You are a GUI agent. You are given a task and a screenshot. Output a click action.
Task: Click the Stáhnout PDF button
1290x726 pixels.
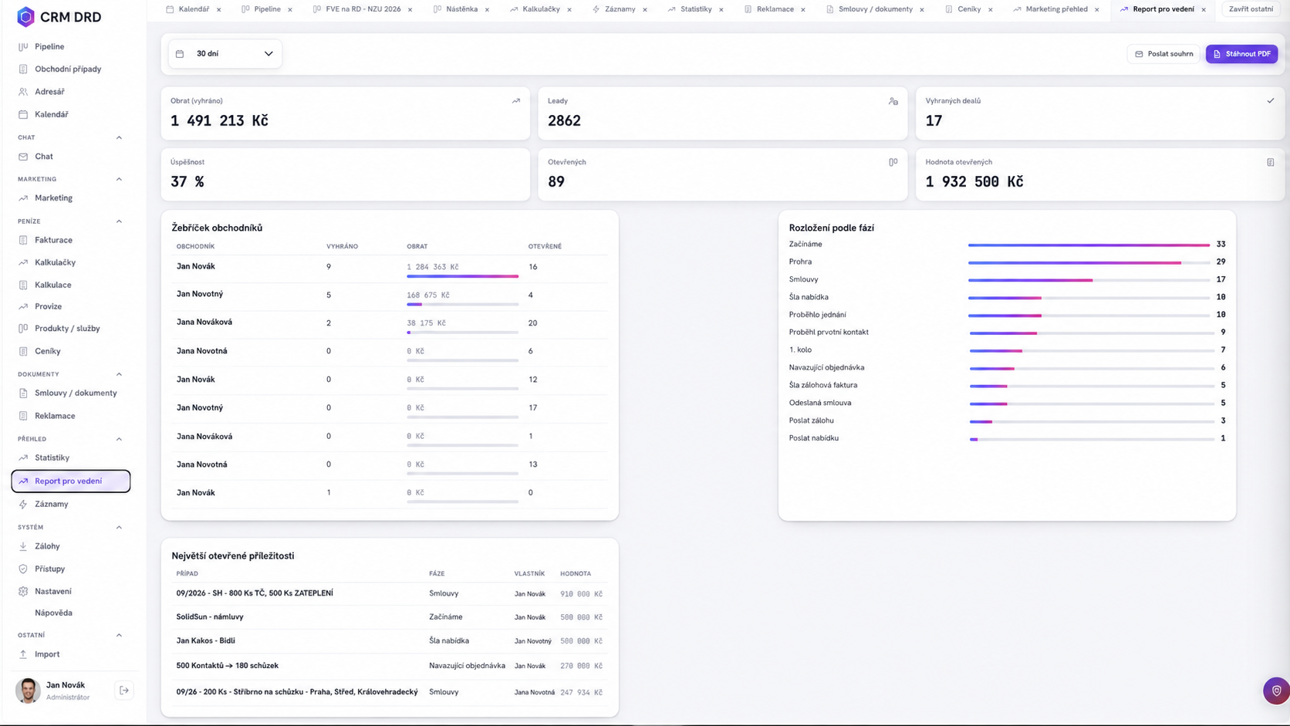point(1241,53)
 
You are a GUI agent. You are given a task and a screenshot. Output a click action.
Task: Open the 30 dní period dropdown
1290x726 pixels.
point(225,53)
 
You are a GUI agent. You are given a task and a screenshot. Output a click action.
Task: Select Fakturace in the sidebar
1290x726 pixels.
point(53,240)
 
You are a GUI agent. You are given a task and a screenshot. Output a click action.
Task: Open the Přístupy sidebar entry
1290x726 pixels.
point(49,569)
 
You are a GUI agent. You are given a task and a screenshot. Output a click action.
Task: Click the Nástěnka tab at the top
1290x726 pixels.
point(462,9)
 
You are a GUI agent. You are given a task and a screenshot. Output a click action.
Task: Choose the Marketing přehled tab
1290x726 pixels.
point(1056,9)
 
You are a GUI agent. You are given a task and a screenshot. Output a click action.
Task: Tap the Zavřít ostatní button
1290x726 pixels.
point(1251,9)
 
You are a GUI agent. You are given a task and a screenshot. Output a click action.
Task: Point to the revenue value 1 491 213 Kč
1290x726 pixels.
point(219,120)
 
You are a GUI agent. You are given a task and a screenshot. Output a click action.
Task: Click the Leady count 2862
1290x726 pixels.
point(565,120)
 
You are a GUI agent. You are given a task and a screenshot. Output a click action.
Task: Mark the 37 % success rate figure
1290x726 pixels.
point(187,181)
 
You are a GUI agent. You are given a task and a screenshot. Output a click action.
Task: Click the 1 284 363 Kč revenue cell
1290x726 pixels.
point(433,267)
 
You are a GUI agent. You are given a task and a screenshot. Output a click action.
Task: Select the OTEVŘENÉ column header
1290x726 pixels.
point(545,246)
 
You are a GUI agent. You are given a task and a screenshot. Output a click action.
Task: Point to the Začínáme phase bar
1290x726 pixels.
point(1089,245)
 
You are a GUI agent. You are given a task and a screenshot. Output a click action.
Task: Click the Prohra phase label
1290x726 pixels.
point(801,262)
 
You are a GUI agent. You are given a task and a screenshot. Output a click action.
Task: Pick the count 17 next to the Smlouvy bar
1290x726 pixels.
point(1221,279)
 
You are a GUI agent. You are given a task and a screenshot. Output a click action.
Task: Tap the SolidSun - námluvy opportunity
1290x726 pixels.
point(210,616)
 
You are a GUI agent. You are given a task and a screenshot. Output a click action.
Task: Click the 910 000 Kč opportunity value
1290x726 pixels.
point(581,593)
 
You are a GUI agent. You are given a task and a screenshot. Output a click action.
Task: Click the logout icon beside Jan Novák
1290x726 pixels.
point(123,691)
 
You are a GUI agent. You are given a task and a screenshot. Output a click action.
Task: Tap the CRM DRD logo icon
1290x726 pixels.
point(26,17)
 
